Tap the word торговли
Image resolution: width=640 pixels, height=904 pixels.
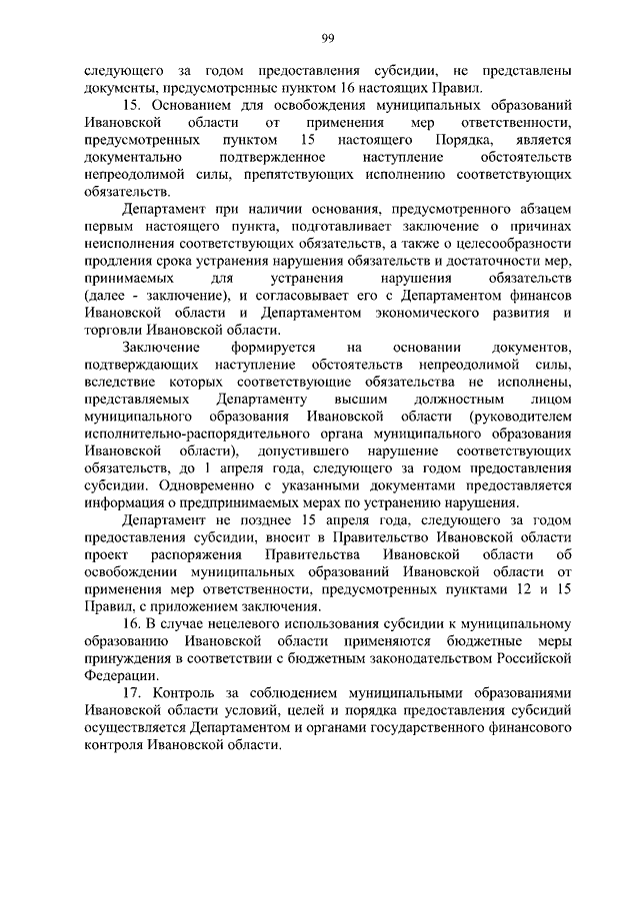click(x=113, y=335)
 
